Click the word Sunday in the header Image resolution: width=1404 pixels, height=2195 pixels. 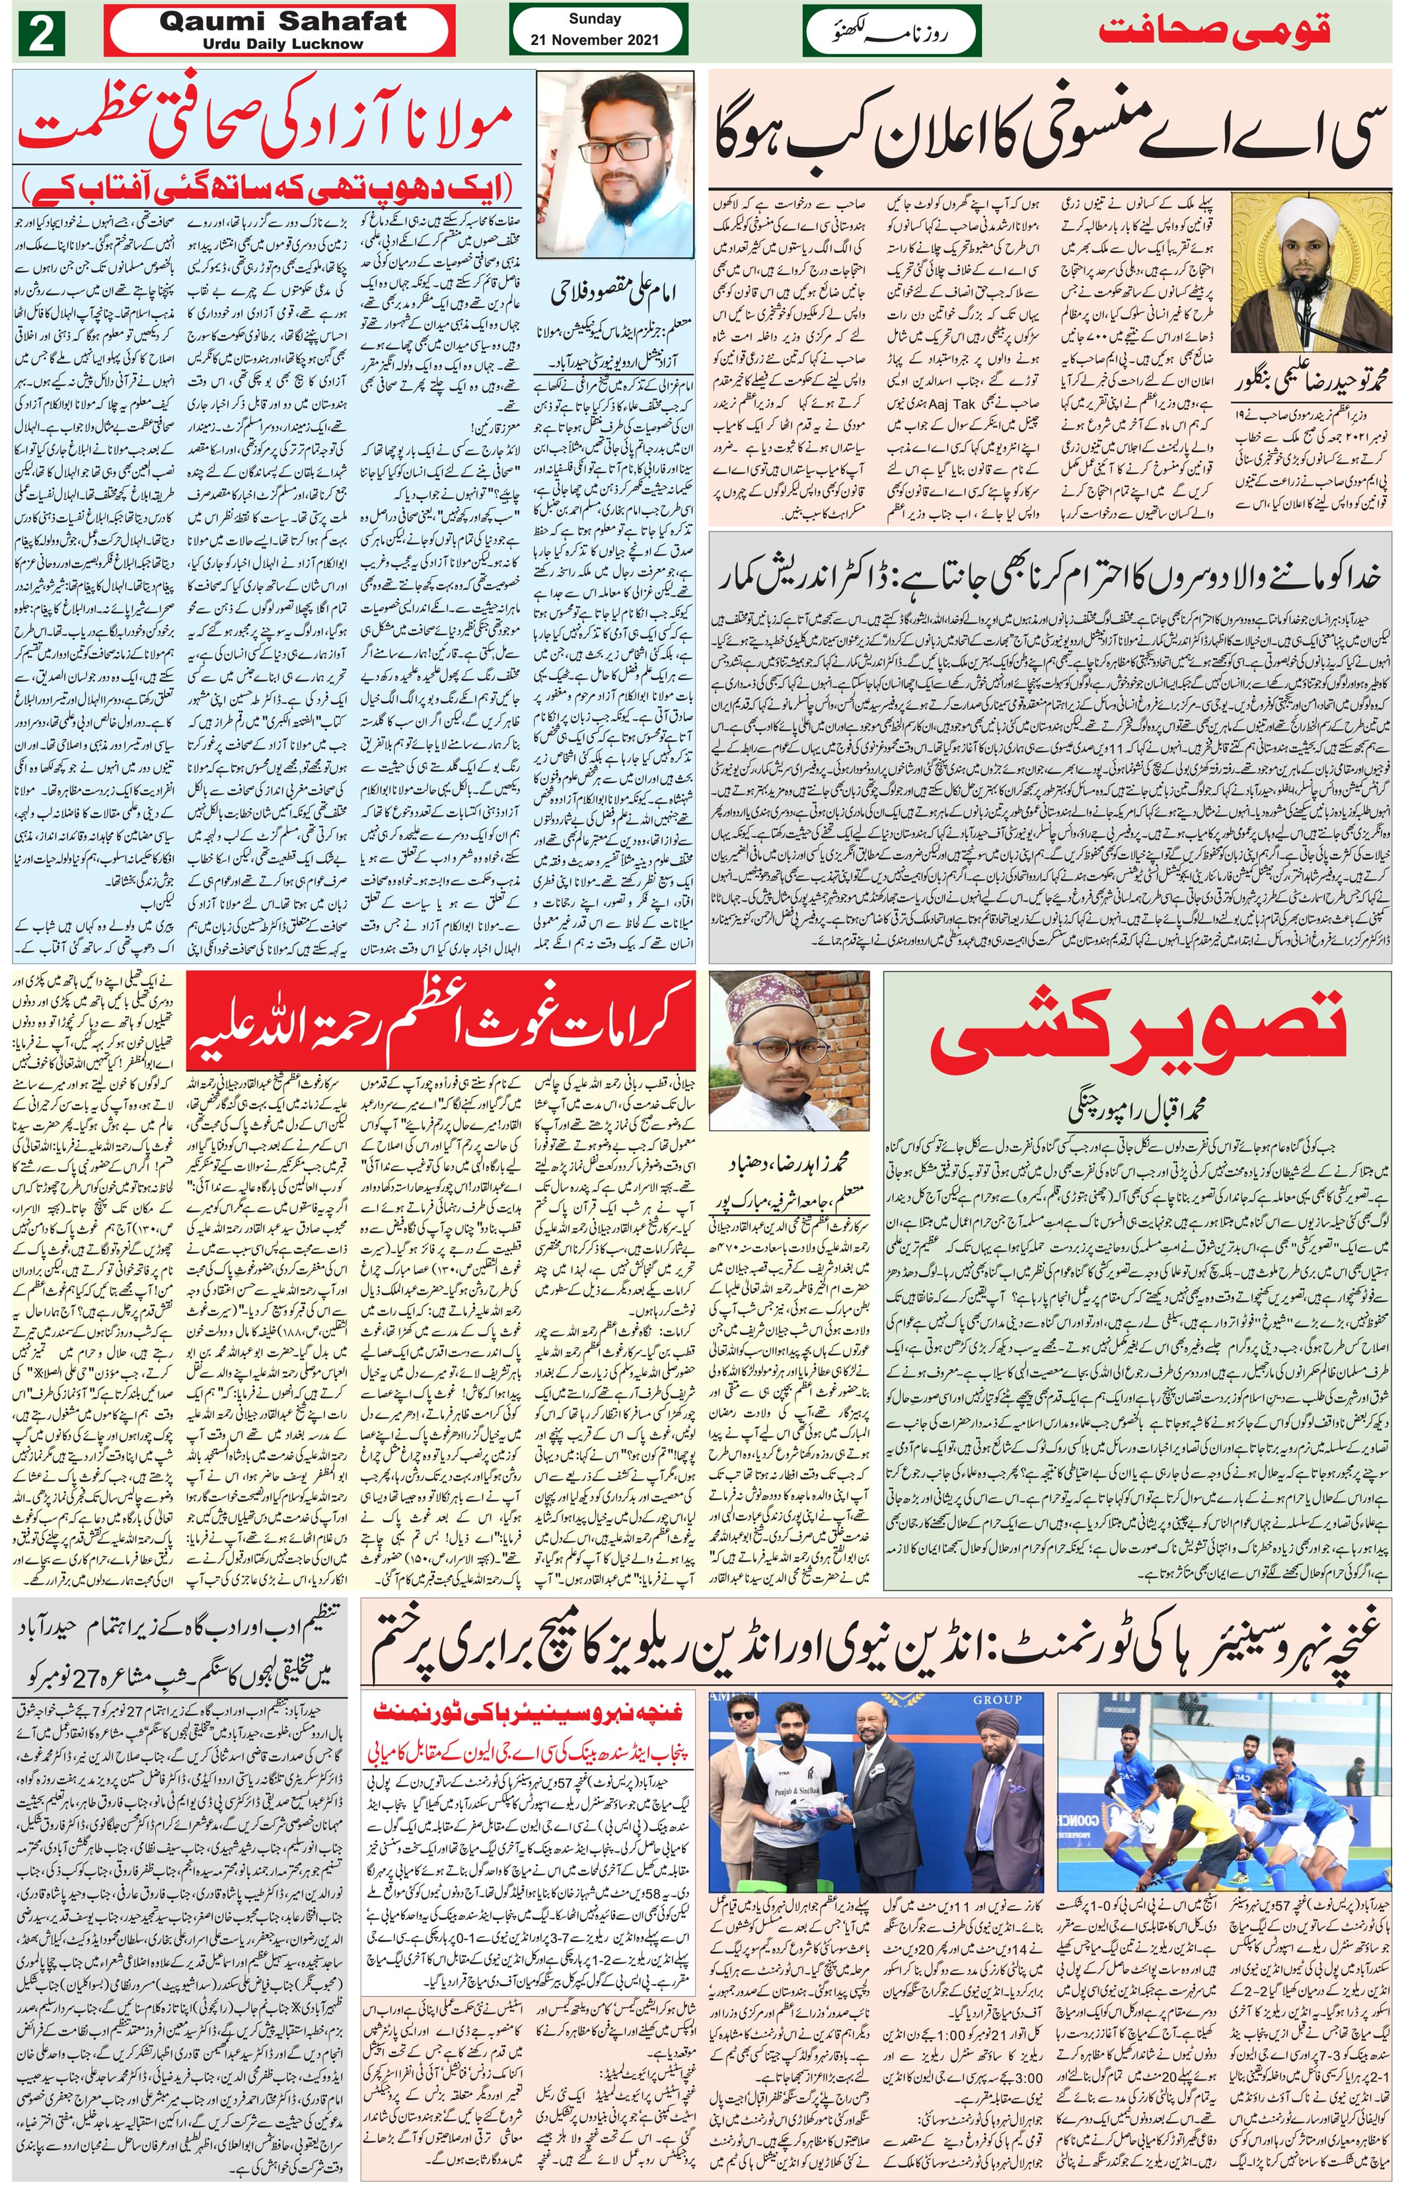click(x=595, y=19)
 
